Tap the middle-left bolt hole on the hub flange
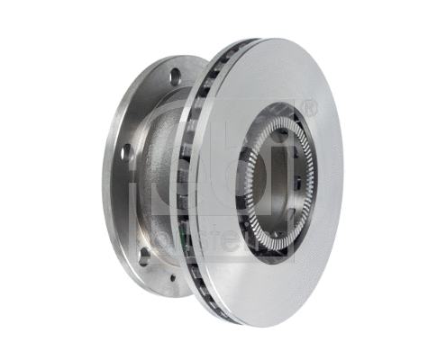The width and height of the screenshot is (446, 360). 127,150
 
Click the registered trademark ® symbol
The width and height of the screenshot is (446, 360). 311,109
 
